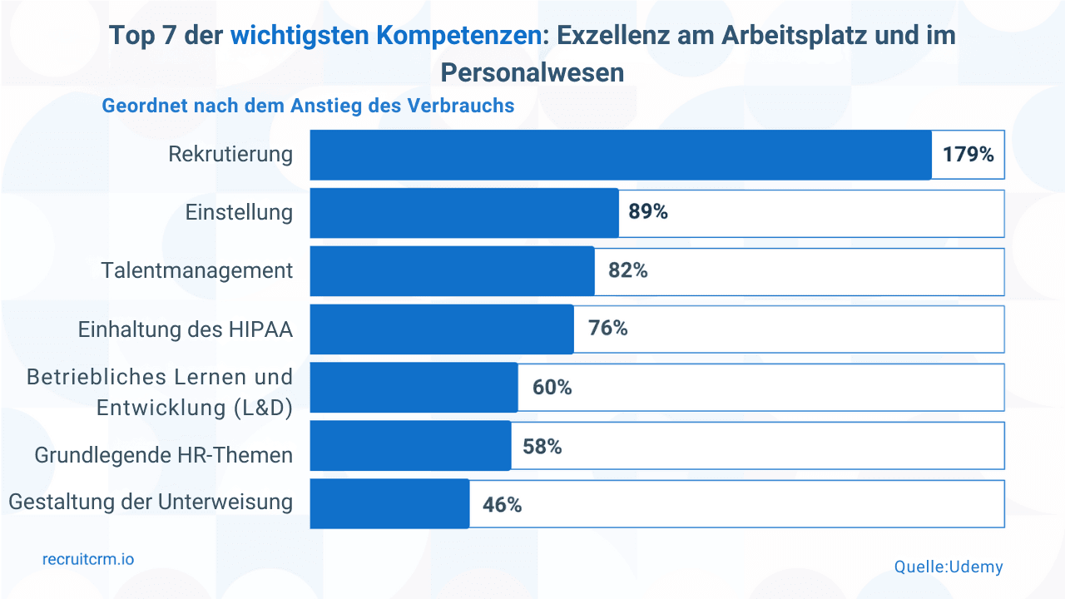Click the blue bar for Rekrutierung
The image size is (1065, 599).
tap(621, 155)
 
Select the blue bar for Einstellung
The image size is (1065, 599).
tap(464, 213)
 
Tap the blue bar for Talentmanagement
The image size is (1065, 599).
tap(452, 271)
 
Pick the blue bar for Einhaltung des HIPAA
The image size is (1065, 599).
tap(442, 329)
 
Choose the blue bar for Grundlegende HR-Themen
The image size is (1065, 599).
tap(410, 446)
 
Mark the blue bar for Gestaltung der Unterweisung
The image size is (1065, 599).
tap(389, 504)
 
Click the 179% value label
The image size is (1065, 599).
tap(968, 155)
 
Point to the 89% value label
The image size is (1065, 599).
tap(648, 212)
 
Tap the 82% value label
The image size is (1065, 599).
tap(627, 270)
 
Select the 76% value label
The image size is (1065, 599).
tap(607, 329)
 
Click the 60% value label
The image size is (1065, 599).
tap(552, 388)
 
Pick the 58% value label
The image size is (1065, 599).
tap(542, 447)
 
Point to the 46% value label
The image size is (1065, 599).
tap(502, 505)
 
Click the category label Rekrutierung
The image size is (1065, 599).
tap(230, 155)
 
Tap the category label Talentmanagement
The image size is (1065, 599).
tap(197, 271)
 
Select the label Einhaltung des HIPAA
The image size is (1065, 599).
tap(186, 329)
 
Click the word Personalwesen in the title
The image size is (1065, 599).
tap(532, 72)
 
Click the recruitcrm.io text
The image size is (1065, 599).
tap(88, 560)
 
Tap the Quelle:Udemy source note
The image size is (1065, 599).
tap(949, 567)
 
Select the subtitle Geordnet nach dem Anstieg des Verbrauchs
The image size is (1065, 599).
tap(308, 106)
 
